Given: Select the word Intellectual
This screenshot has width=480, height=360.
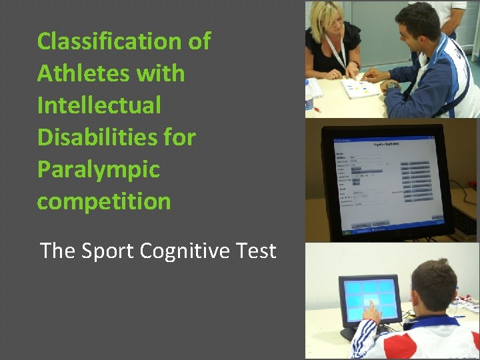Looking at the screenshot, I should pyautogui.click(x=99, y=105).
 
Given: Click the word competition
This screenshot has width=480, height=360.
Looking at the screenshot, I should pyautogui.click(x=104, y=201).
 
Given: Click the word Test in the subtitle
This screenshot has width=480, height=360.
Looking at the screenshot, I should pyautogui.click(x=257, y=251).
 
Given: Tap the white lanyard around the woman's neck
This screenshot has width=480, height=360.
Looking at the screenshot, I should pyautogui.click(x=337, y=53).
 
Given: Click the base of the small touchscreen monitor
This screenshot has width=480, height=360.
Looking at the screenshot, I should pyautogui.click(x=349, y=331).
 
